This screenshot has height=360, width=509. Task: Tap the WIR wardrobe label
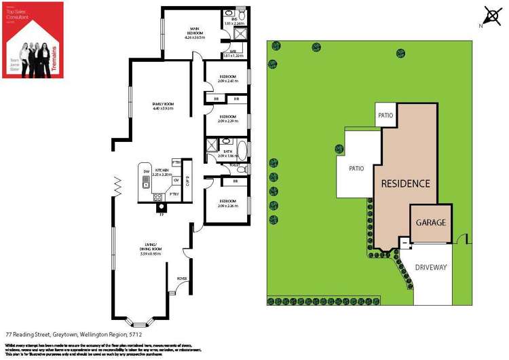coord(232,51)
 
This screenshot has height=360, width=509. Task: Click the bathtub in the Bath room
coord(242,149)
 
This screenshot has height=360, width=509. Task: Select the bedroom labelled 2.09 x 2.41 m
coord(227,80)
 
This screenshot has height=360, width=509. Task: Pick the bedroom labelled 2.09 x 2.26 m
coord(227,203)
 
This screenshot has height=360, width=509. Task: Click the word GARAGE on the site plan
coord(430,223)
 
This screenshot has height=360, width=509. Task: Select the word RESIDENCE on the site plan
coord(405,183)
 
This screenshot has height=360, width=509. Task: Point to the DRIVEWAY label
coord(431,267)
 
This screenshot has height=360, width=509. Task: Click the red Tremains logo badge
coord(33,39)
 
